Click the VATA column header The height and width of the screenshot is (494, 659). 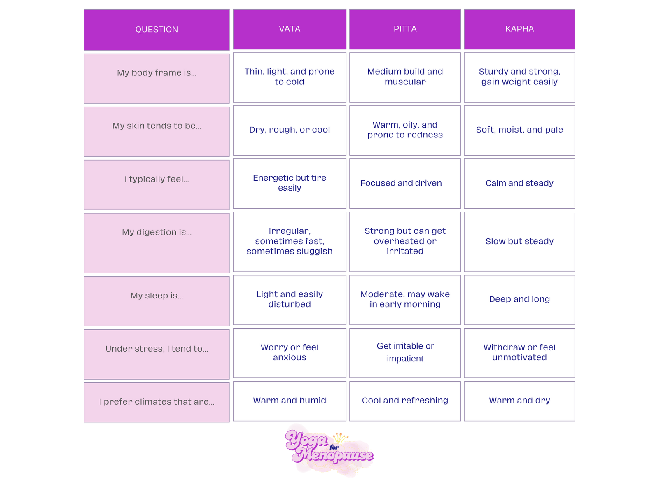[x=290, y=29]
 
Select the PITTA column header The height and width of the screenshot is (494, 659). [x=405, y=29]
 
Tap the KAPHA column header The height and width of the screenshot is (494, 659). [x=519, y=29]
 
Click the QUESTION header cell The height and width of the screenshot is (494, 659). [x=157, y=30]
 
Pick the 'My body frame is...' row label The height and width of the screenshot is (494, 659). [x=157, y=73]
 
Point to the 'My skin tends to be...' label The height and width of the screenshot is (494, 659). [x=157, y=126]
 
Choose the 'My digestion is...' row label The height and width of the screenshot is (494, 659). [x=157, y=232]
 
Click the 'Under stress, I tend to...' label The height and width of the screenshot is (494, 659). [x=157, y=349]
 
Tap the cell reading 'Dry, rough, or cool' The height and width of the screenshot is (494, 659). [x=290, y=130]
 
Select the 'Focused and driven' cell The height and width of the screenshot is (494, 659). [x=401, y=183]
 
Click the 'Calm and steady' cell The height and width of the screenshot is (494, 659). [x=519, y=183]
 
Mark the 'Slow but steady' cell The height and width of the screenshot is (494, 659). [x=519, y=241]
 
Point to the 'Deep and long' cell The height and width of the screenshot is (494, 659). [x=519, y=299]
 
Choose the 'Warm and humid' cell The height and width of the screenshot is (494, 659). [x=290, y=401]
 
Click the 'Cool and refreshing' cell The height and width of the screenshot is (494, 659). [x=405, y=401]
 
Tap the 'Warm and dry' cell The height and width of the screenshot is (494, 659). [x=519, y=401]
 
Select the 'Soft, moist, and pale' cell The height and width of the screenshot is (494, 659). [x=519, y=130]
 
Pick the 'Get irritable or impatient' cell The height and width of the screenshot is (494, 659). [x=405, y=352]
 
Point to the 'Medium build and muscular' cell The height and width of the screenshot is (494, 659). [x=405, y=77]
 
